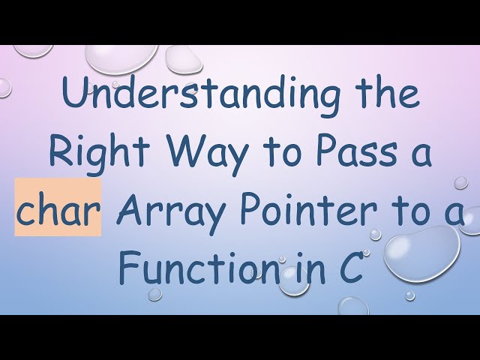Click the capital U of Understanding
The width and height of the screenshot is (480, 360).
pyautogui.click(x=74, y=97)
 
